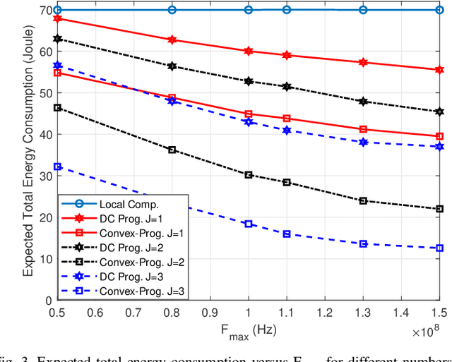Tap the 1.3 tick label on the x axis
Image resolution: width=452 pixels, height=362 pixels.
(363, 311)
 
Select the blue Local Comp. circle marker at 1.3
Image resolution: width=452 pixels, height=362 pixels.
(363, 10)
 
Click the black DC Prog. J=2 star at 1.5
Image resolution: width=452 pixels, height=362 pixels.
(439, 111)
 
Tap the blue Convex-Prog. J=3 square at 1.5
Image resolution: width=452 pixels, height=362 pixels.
(439, 248)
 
